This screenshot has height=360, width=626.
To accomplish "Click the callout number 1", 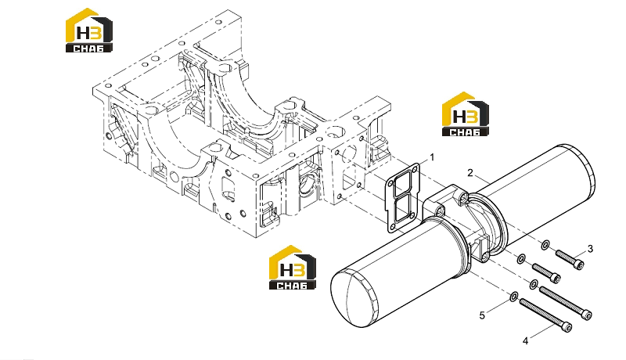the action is click(432, 157).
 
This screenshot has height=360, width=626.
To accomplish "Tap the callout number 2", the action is click(470, 173).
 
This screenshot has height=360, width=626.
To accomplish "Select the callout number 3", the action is click(591, 249).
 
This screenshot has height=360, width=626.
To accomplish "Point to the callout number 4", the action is click(525, 341).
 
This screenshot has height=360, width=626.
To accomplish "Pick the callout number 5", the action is click(482, 315).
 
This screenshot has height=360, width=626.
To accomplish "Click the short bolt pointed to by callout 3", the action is click(570, 259).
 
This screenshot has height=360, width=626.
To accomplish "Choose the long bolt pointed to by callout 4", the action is click(545, 315).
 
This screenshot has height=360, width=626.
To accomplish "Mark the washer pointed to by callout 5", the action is click(514, 296).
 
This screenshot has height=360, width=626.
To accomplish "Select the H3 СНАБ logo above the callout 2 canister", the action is click(466, 114).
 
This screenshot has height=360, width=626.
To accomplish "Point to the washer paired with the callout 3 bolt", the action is click(545, 245).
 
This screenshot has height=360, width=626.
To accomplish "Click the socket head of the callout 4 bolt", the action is click(567, 328).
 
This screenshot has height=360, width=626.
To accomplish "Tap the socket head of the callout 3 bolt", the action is click(579, 265).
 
